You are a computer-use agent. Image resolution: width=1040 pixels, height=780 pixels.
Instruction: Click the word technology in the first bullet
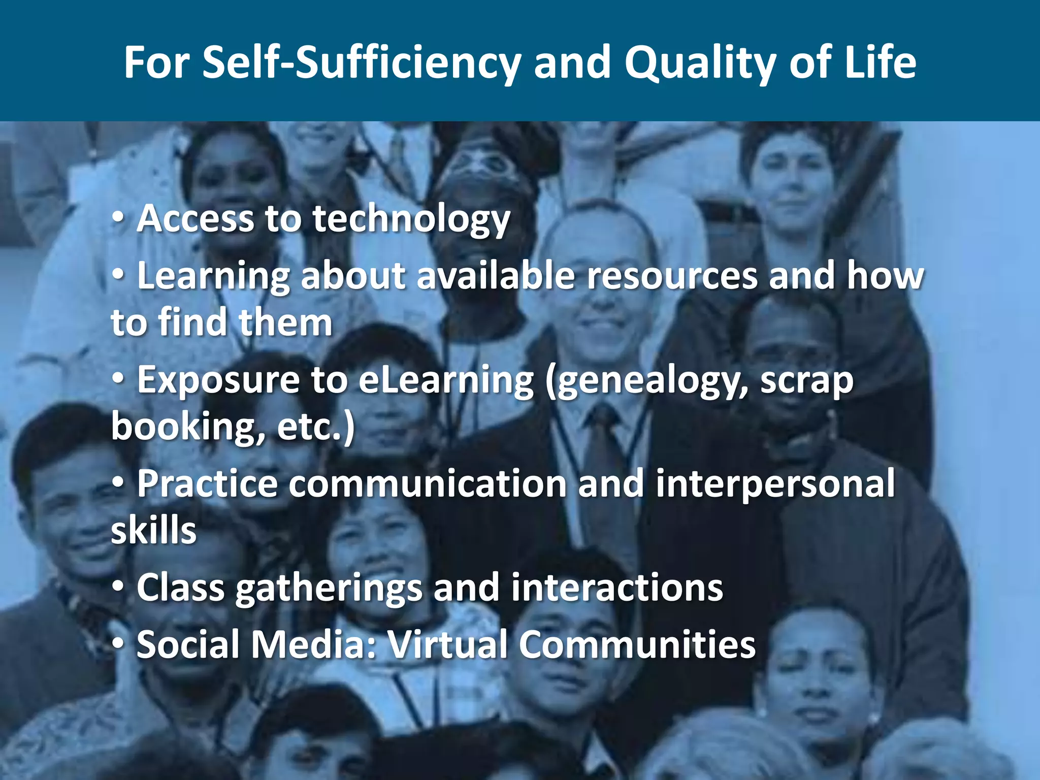pos(411,220)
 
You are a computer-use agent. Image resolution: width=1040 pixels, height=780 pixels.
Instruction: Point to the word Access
pos(196,219)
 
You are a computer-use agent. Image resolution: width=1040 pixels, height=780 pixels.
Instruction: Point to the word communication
pos(428,483)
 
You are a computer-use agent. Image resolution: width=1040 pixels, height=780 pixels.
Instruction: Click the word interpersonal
pos(775,483)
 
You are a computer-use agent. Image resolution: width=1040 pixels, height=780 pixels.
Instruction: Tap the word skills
pos(153,530)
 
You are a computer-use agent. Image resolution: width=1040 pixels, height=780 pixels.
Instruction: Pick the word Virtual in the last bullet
pos(447,644)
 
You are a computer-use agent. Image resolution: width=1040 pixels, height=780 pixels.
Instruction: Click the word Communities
pos(637,644)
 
